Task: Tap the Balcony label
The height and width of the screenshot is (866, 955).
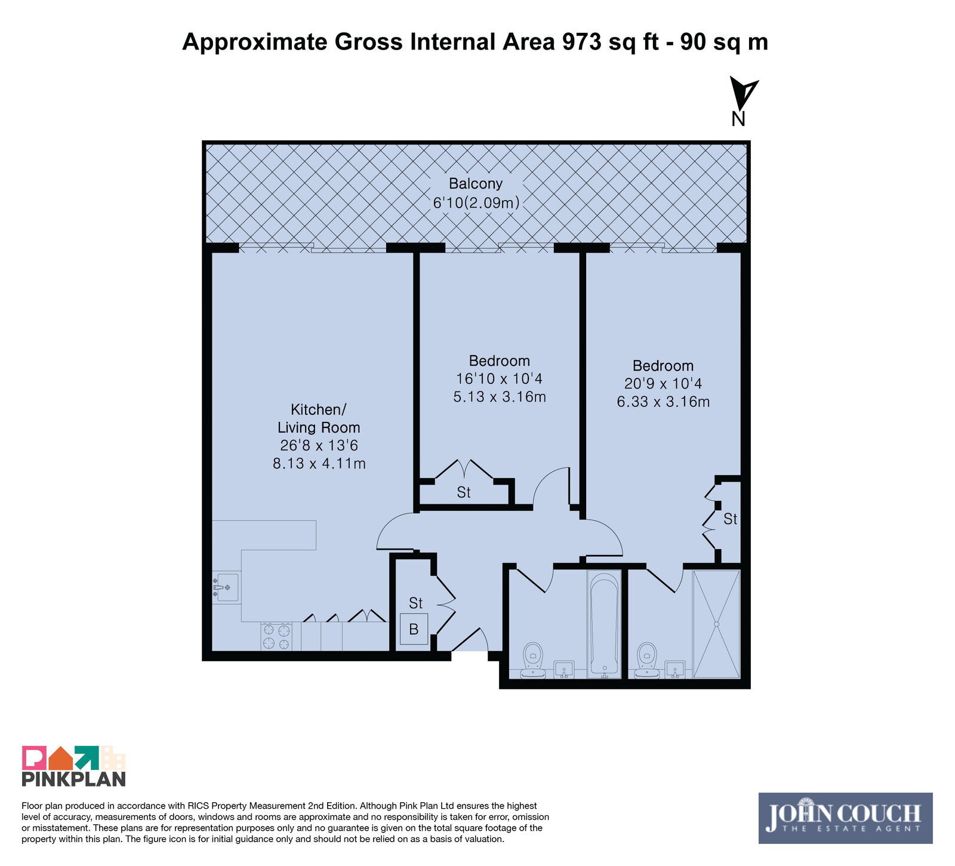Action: point(476,184)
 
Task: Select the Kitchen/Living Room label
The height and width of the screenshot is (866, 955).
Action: point(319,418)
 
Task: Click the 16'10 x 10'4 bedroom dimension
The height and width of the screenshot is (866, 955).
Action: point(499,379)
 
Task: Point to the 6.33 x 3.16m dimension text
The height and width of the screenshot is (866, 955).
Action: point(663,402)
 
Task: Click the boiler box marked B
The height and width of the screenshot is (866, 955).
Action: point(414,628)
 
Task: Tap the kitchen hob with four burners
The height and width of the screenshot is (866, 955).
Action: point(276,636)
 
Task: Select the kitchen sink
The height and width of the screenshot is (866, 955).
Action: point(226,588)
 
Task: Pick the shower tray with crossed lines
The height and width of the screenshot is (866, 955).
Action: point(716,624)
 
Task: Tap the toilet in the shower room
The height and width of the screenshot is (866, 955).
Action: point(646,661)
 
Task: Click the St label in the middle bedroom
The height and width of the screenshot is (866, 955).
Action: point(464,492)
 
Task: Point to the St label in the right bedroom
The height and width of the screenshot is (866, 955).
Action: point(730,519)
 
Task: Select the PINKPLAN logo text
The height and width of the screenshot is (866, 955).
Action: point(74,779)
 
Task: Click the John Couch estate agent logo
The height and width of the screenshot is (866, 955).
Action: point(845,818)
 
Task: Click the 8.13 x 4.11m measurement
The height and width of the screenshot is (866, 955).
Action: point(319,463)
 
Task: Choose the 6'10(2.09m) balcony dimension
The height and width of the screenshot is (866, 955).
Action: point(476,203)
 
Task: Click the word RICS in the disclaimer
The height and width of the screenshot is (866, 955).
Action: point(200,806)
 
